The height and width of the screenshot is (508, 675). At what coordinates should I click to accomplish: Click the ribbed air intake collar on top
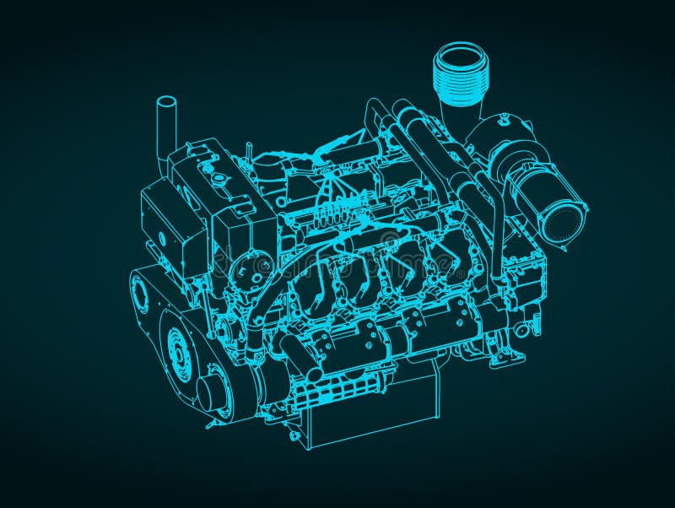tap(461, 77)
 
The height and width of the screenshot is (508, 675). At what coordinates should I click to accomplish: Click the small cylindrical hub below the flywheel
tap(211, 392)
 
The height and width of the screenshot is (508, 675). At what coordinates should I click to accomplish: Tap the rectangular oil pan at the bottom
tap(371, 413)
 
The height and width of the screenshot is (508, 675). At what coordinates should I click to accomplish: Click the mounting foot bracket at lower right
tap(507, 354)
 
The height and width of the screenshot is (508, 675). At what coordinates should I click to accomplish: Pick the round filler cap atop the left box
tap(219, 180)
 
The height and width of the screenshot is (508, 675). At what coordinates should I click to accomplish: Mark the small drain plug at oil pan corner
tap(294, 435)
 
